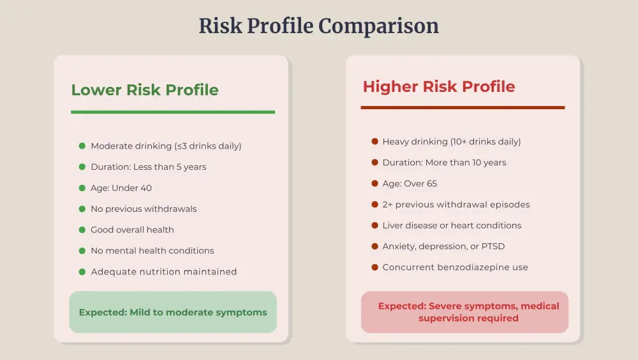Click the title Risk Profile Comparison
point(318,26)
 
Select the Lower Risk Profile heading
point(145,90)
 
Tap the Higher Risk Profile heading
point(439,87)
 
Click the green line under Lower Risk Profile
point(173,112)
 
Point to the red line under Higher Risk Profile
point(463,108)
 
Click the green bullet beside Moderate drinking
point(82,146)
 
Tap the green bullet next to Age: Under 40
point(82,188)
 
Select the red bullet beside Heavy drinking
point(375,142)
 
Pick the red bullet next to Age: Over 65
point(375,184)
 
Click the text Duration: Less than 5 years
point(149,167)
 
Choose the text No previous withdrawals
point(144,209)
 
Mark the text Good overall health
point(132,230)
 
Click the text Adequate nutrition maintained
point(164,272)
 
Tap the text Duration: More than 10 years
point(444,163)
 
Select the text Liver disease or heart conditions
point(452,225)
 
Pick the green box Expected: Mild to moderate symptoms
point(173,313)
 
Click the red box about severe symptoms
point(464,312)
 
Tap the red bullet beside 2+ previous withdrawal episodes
point(375,205)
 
